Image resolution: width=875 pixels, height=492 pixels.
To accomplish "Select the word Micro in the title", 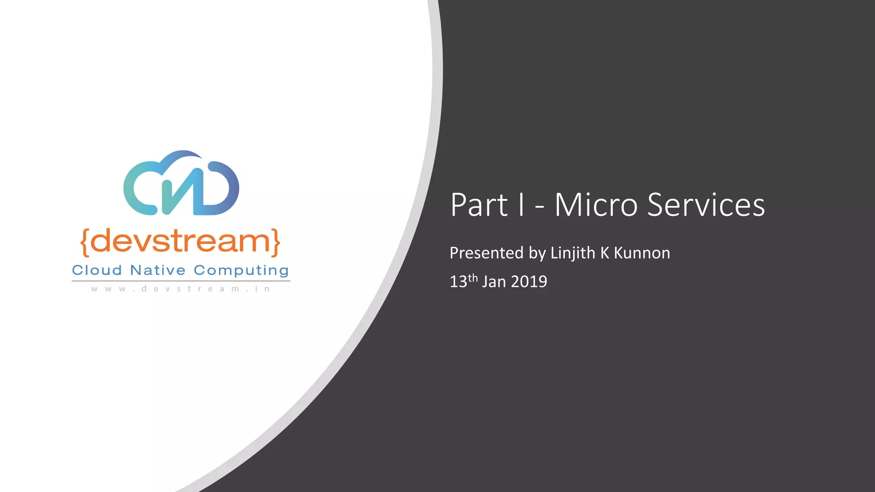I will coord(596,205).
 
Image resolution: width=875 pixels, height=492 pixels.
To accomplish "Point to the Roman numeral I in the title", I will coord(521,205).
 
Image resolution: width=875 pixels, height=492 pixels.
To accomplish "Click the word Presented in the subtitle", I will coord(486,253).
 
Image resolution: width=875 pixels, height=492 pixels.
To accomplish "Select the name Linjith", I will coord(573,253).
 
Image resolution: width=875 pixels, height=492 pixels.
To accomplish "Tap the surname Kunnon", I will coord(642,253).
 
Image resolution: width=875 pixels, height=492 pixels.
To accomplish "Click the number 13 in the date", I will coord(458,282).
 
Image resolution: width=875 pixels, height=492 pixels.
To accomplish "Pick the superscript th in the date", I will coord(473,278).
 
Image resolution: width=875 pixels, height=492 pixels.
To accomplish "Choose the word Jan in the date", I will coord(494,282).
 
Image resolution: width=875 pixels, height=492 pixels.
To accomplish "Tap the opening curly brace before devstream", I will coord(85,242).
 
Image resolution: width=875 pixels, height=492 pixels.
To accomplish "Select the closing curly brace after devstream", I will coord(276,242).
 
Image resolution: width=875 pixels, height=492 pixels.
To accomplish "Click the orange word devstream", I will coord(180,241).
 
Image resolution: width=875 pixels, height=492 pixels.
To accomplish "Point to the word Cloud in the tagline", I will coord(97,270).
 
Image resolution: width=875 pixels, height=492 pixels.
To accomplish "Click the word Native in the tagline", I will coord(158,270).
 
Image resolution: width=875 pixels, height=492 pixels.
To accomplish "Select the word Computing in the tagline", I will coord(241,271).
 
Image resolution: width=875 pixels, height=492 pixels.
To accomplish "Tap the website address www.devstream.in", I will coord(181,289).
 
